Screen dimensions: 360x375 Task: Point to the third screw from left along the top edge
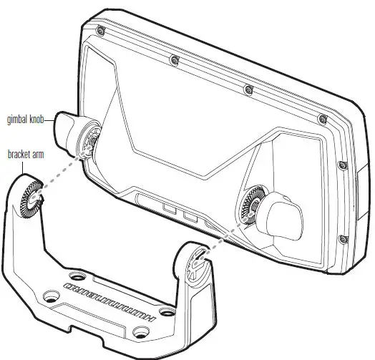coord(248,89)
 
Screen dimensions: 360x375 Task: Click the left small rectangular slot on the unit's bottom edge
coord(170,209)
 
